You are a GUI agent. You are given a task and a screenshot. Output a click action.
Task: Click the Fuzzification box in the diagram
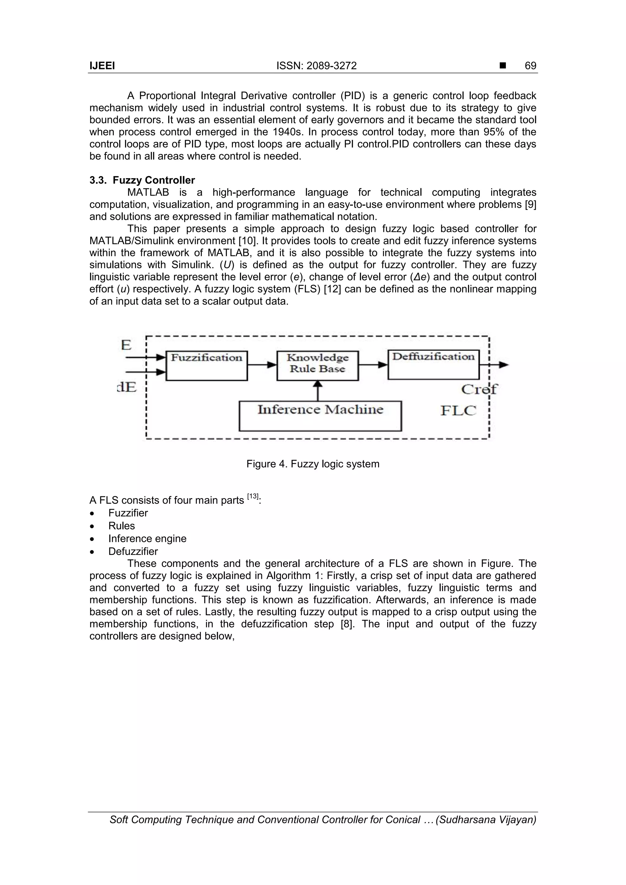coord(207,365)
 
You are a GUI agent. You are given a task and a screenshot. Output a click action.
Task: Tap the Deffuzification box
coord(433,364)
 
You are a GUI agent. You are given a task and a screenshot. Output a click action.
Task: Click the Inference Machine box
coord(320,416)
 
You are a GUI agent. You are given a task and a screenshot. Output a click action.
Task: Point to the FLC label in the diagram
coord(458,410)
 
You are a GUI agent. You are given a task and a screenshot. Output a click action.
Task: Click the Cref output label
coord(479,389)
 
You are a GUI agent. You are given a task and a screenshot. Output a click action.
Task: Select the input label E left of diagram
coord(126,345)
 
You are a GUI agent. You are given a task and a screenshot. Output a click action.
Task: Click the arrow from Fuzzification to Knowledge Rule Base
coord(262,365)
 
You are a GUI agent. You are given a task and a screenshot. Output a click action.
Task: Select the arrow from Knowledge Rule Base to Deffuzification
coord(373,365)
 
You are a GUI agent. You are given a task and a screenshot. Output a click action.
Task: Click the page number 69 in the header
coord(530,65)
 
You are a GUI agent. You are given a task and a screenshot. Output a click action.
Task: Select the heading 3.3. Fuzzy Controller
coord(142,180)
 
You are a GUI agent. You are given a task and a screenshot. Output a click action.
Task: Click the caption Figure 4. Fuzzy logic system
coord(313,464)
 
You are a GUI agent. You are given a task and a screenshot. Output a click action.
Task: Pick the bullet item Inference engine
coord(147,538)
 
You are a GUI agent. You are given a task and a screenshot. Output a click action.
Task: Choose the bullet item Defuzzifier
coord(133,551)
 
